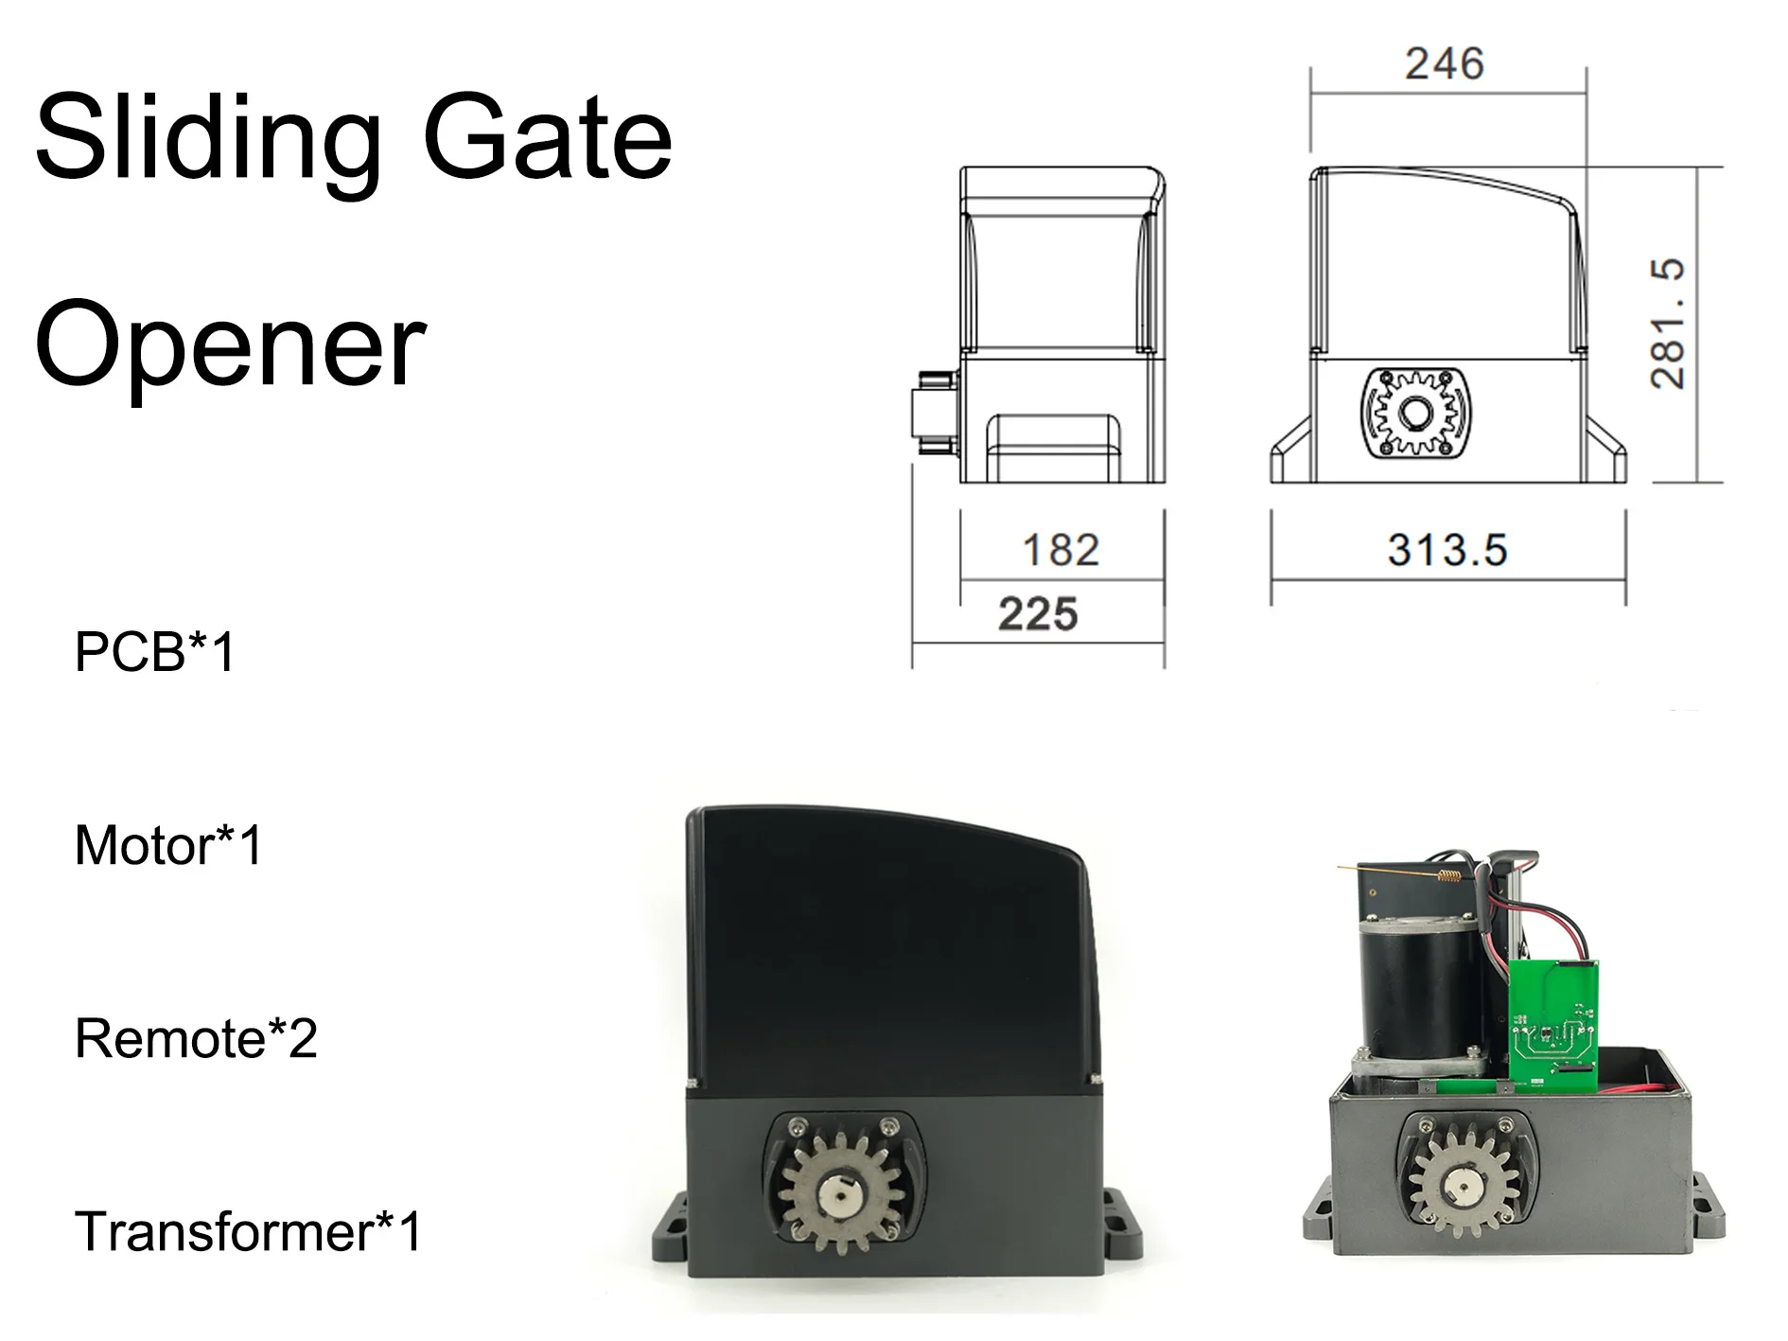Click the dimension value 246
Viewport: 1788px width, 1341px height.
tap(1445, 64)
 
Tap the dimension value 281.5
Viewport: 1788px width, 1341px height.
tap(1667, 323)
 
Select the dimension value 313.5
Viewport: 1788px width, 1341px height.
tap(1447, 550)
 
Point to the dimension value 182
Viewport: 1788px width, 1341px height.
tap(1061, 550)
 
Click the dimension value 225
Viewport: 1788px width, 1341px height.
tap(1038, 614)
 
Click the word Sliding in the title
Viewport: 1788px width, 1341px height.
tap(208, 139)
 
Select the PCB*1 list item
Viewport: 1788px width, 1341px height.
tap(154, 652)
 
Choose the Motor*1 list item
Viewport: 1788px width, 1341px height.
tap(167, 845)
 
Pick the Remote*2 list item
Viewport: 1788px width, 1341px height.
tap(196, 1038)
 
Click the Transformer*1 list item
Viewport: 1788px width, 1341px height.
tap(248, 1231)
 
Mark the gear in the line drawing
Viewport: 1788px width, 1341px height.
tap(1416, 414)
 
